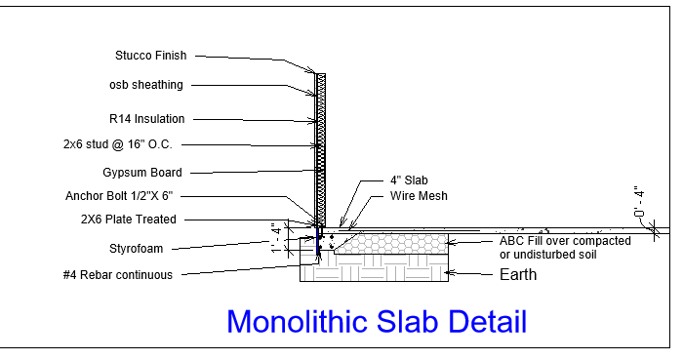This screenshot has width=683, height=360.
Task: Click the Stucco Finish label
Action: coord(150,56)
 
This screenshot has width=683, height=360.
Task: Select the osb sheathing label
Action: coord(146,85)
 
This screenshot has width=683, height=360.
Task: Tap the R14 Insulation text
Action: coord(146,119)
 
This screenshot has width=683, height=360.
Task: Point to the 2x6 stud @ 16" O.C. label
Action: coord(118,144)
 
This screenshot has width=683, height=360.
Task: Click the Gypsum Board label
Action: coord(142,173)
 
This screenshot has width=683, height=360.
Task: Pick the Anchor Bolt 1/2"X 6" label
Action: coord(119,196)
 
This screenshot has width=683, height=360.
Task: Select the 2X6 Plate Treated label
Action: coord(129,219)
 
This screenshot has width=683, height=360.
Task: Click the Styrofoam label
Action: coord(136,249)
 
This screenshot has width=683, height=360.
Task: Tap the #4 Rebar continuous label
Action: coord(118,275)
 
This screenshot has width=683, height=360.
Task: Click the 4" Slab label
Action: coord(409,180)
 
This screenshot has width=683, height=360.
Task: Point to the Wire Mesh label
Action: coord(419,196)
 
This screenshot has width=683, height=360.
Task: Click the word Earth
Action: coord(518,275)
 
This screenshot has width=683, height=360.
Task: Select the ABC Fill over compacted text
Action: coord(565,241)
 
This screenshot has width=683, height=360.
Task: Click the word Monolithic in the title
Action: coord(298,322)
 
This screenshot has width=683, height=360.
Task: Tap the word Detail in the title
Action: coord(488,322)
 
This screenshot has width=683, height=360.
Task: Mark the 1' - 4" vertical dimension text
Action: coord(276,239)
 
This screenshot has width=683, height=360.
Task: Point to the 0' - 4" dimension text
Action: coord(638,202)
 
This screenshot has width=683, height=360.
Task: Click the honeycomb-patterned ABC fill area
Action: coord(392,244)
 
